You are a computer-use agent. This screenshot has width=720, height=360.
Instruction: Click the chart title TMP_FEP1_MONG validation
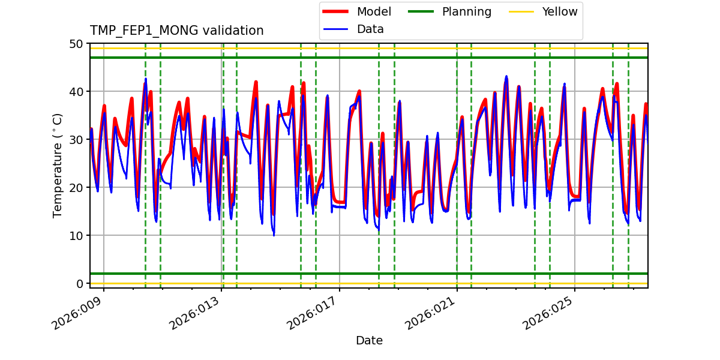coord(176,31)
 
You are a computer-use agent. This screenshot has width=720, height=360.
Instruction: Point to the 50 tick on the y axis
coord(76,44)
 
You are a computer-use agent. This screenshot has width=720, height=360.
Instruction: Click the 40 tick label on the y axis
coord(76,92)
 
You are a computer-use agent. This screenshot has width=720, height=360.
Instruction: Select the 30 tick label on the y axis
coord(76,140)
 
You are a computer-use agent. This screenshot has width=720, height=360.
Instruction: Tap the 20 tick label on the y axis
coord(76,188)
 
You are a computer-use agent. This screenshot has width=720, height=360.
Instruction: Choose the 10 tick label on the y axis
coord(76,236)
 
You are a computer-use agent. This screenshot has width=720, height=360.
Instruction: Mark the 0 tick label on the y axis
coord(79,284)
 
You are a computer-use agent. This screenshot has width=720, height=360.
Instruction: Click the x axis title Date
coord(369,341)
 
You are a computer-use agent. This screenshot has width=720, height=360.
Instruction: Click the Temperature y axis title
coord(58,165)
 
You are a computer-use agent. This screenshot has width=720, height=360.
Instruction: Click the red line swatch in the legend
coord(336,12)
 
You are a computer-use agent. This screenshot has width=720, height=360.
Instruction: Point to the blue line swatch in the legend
coord(336,29)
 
